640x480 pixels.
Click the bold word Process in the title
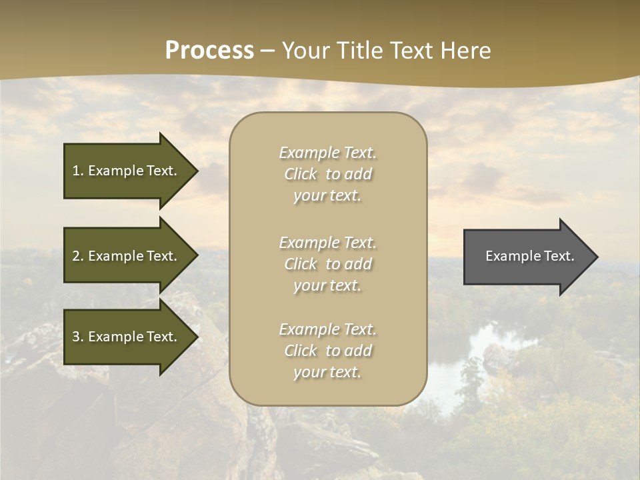coord(209,51)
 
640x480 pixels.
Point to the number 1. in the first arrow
coord(78,171)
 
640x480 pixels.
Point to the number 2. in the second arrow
coord(78,256)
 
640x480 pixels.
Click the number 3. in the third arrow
coord(78,337)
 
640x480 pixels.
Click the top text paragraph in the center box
coord(327,174)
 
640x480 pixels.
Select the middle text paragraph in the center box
coord(327,264)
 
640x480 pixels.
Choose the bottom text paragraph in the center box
coord(327,351)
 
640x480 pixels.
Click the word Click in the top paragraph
coord(300,174)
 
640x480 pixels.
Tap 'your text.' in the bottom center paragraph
coord(327,372)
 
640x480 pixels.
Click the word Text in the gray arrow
coord(559,256)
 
